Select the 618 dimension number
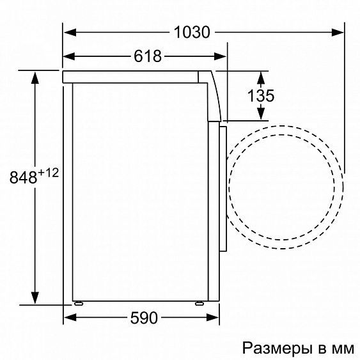point(147,56)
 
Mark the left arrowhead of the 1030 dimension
point(69,31)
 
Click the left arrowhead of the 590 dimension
point(69,317)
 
